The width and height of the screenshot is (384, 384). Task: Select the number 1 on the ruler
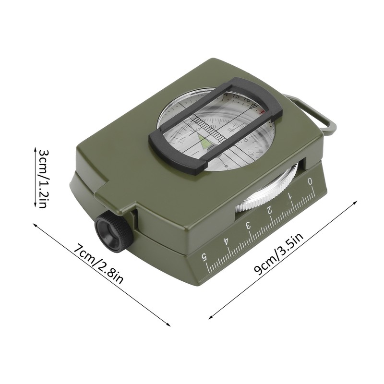(x=290, y=195)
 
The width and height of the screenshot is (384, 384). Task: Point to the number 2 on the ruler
(x=269, y=210)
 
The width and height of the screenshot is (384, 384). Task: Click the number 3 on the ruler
(x=248, y=225)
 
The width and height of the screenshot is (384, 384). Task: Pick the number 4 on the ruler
(x=226, y=240)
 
